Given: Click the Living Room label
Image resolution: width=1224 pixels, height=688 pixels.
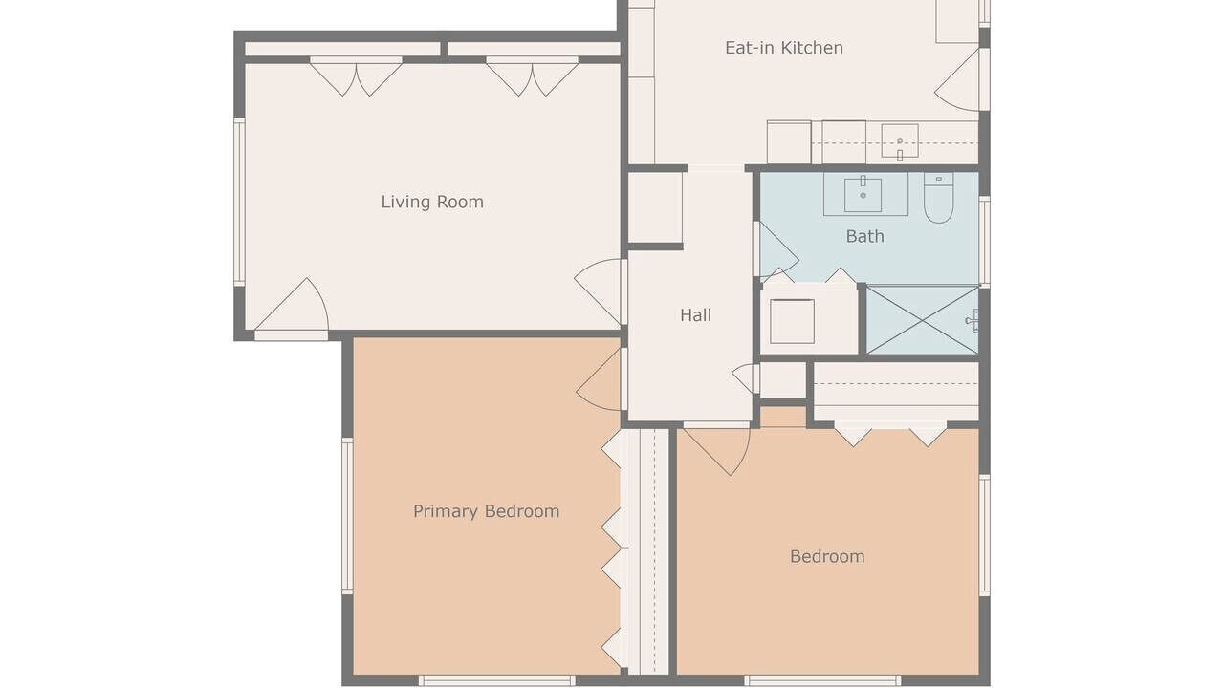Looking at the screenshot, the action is (x=432, y=202).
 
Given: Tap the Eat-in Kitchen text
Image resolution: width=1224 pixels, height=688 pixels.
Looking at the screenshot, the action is (x=784, y=48).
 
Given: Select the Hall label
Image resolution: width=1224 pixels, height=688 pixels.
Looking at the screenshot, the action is (x=695, y=315).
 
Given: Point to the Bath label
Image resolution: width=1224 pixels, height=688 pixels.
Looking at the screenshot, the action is (x=865, y=236).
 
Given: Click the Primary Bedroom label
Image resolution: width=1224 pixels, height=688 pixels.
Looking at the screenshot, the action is (x=487, y=511).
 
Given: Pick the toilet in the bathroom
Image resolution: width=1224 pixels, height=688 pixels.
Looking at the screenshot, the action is (x=939, y=198).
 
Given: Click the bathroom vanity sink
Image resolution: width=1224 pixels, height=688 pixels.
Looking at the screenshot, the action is (x=863, y=195).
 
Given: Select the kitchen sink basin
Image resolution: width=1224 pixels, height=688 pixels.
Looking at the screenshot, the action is (x=900, y=140).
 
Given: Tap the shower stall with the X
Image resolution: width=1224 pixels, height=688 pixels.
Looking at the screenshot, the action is (x=923, y=320).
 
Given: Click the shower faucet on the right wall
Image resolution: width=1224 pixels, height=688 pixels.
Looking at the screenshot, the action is (x=973, y=320).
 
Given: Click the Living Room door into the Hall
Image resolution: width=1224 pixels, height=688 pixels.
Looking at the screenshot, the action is (x=600, y=292).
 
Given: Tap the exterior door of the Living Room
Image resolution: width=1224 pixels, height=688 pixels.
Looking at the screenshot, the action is (x=292, y=309).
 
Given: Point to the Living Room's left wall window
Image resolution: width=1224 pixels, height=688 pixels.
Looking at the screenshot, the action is (x=239, y=202).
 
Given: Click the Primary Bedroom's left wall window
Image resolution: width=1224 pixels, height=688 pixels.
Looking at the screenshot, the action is (x=347, y=515).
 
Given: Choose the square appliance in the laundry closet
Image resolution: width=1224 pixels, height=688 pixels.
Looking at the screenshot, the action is (x=792, y=322).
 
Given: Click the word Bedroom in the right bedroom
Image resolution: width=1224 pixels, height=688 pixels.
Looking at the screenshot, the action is (x=827, y=557).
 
